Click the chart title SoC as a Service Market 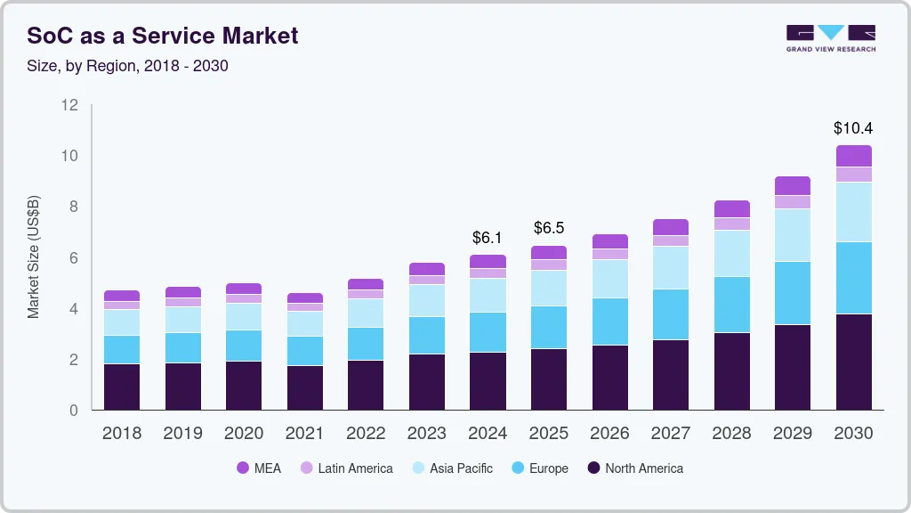coord(163,37)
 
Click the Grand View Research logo coord(830,38)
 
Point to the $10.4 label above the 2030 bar coord(853,128)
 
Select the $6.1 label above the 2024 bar coord(488,238)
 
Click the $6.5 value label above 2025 coord(549,228)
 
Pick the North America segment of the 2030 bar coord(853,362)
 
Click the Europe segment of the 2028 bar coord(731,305)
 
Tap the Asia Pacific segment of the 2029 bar coord(792,235)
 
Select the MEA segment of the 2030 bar coord(853,156)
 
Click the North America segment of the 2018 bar coord(122,387)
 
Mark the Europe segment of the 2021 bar coord(304,351)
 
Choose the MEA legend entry coord(259,468)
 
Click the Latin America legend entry coord(346,468)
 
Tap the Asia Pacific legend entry coord(452,468)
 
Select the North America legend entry coord(635,468)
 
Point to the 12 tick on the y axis coord(69,105)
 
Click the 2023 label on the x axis coord(427,433)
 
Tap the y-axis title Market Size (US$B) coord(34,256)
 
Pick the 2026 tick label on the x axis coord(609,433)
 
